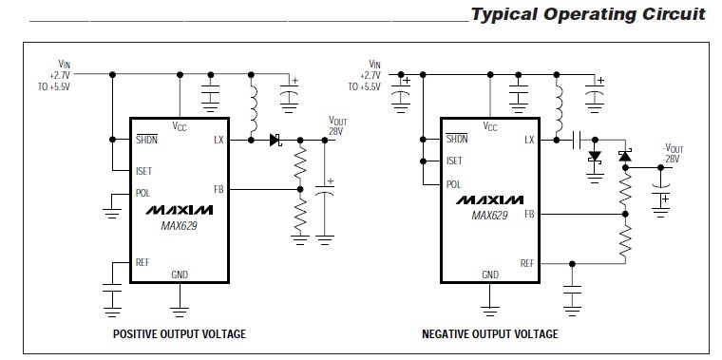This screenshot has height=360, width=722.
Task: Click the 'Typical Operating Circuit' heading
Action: pyautogui.click(x=588, y=14)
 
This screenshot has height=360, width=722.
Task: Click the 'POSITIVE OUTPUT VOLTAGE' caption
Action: pyautogui.click(x=180, y=334)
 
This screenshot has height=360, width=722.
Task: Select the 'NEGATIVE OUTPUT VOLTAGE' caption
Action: pyautogui.click(x=490, y=334)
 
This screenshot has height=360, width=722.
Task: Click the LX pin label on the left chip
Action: pyautogui.click(x=218, y=140)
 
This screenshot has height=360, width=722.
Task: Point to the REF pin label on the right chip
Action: pyautogui.click(x=526, y=263)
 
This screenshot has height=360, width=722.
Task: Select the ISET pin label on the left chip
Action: pyautogui.click(x=145, y=172)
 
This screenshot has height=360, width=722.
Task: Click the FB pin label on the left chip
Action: pyautogui.click(x=219, y=190)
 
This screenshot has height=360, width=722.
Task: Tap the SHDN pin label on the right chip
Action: pyautogui.click(x=458, y=140)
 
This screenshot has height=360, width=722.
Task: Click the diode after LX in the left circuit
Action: pyautogui.click(x=276, y=140)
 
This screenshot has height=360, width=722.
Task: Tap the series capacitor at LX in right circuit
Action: pyautogui.click(x=578, y=140)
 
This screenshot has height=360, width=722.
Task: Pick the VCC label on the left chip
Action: pyautogui.click(x=180, y=126)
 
